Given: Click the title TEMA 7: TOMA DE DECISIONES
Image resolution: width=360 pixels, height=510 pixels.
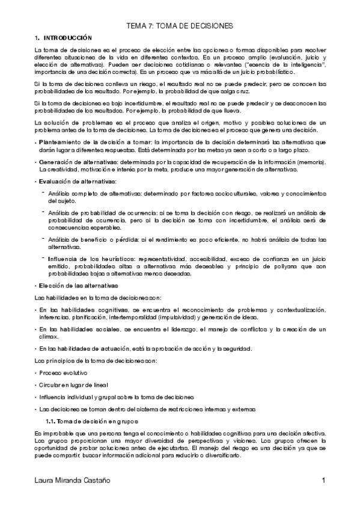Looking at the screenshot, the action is (x=180, y=26).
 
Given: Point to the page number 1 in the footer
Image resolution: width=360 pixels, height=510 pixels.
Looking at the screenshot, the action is (x=323, y=481).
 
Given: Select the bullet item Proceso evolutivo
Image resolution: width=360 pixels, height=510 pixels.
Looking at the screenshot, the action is (x=62, y=373).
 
